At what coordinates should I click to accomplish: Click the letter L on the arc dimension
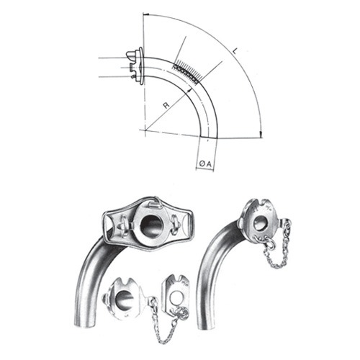(x=235, y=52)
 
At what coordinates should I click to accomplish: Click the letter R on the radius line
(x=166, y=106)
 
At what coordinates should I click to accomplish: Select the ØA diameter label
(x=204, y=164)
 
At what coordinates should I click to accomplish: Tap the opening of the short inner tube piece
(x=125, y=301)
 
